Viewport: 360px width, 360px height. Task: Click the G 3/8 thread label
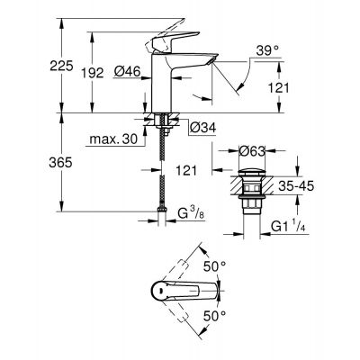click(x=192, y=213)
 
